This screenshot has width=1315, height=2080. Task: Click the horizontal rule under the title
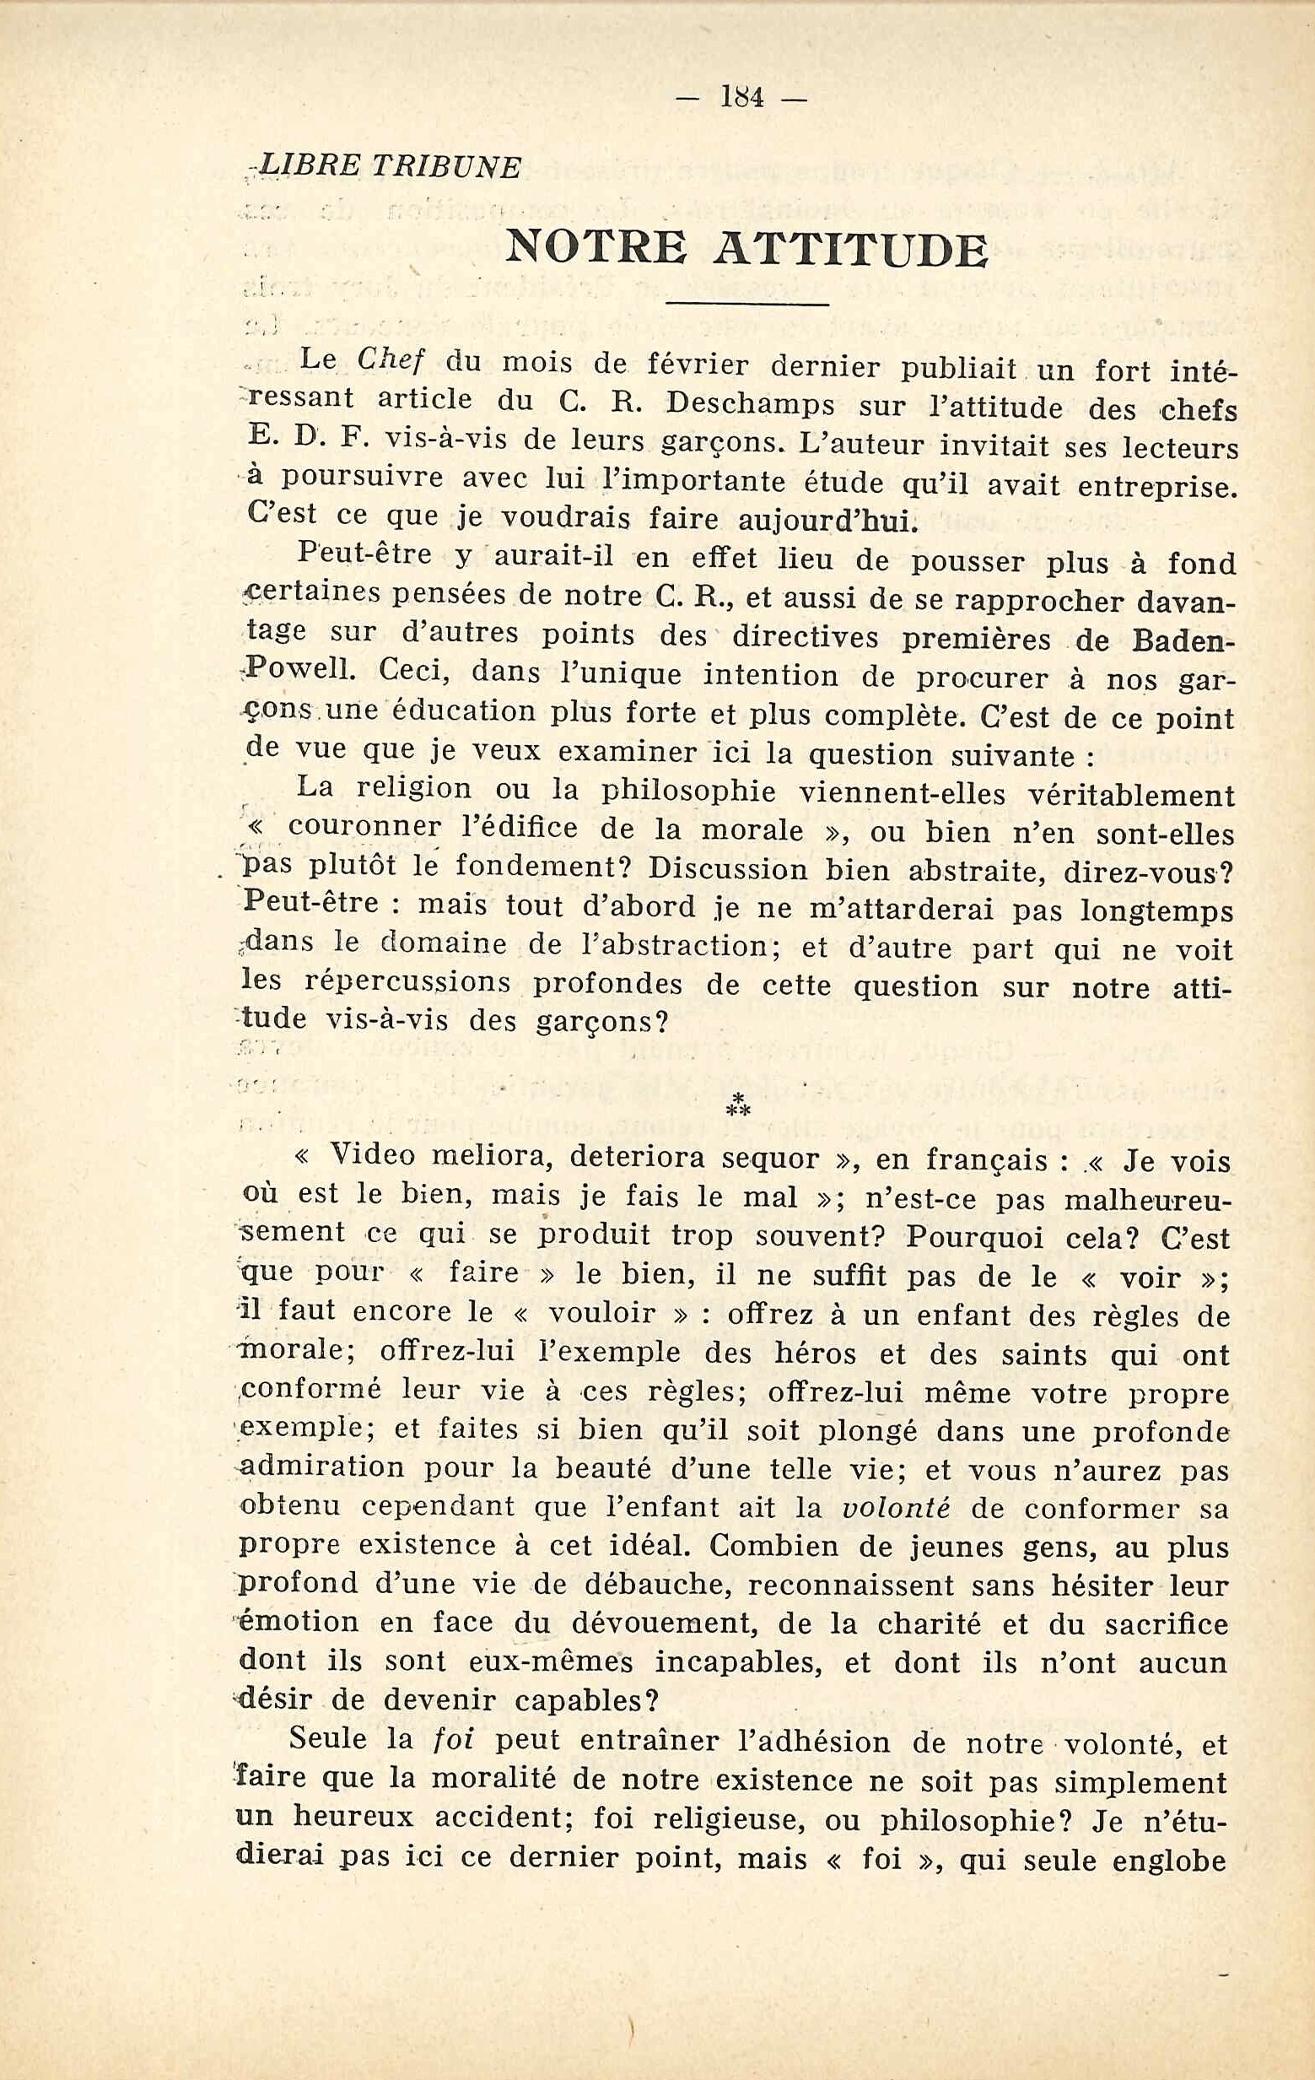(748, 304)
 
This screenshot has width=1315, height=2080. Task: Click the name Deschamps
(752, 404)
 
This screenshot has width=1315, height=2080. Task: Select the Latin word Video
(374, 1156)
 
